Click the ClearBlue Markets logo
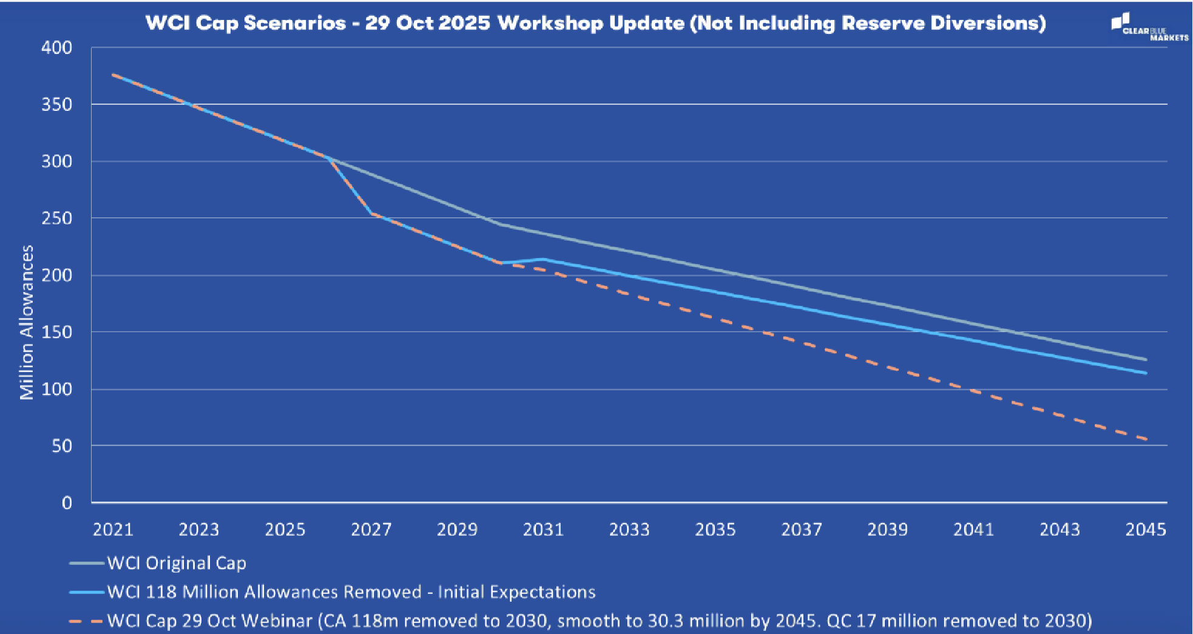[1148, 28]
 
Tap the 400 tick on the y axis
[56, 47]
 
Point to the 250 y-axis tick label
[56, 218]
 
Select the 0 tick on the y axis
[66, 502]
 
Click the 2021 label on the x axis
[113, 530]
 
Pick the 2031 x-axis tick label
[543, 530]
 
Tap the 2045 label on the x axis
[1145, 530]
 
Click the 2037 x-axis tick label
[801, 530]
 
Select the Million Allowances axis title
[27, 322]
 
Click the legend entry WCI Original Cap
[176, 563]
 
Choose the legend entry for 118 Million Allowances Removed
[351, 592]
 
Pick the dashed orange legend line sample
[86, 621]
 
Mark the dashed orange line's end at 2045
[1145, 439]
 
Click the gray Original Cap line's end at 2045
[1145, 359]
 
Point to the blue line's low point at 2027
[371, 213]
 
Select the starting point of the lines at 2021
[113, 75]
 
